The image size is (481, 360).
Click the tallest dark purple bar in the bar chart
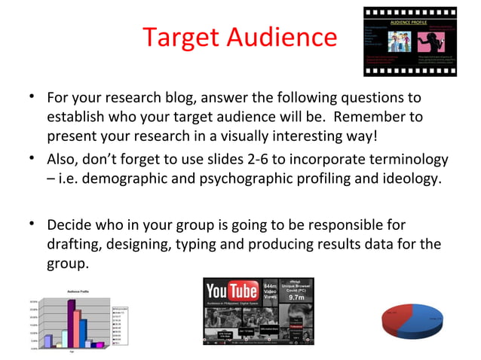pyautogui.click(x=71, y=324)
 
